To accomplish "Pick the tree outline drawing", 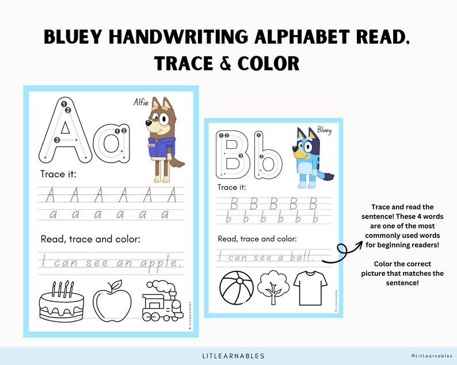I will tap(272, 285).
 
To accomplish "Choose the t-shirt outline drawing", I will tap(310, 285).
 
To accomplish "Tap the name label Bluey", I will tap(325, 131).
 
